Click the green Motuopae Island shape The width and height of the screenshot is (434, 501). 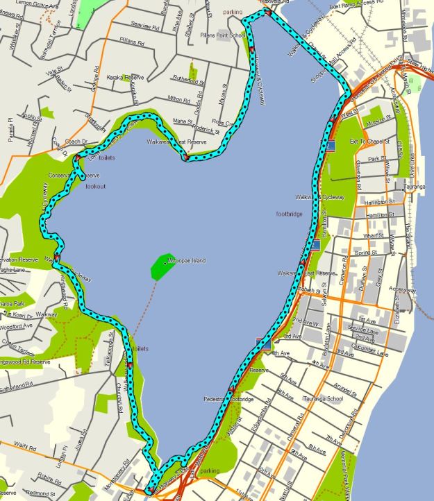tap(162, 266)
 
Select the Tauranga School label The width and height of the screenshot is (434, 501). tap(323, 399)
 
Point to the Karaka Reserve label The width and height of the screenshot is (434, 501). tap(125, 78)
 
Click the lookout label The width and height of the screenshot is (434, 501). tap(95, 187)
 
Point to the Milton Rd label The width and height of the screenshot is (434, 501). tap(178, 99)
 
